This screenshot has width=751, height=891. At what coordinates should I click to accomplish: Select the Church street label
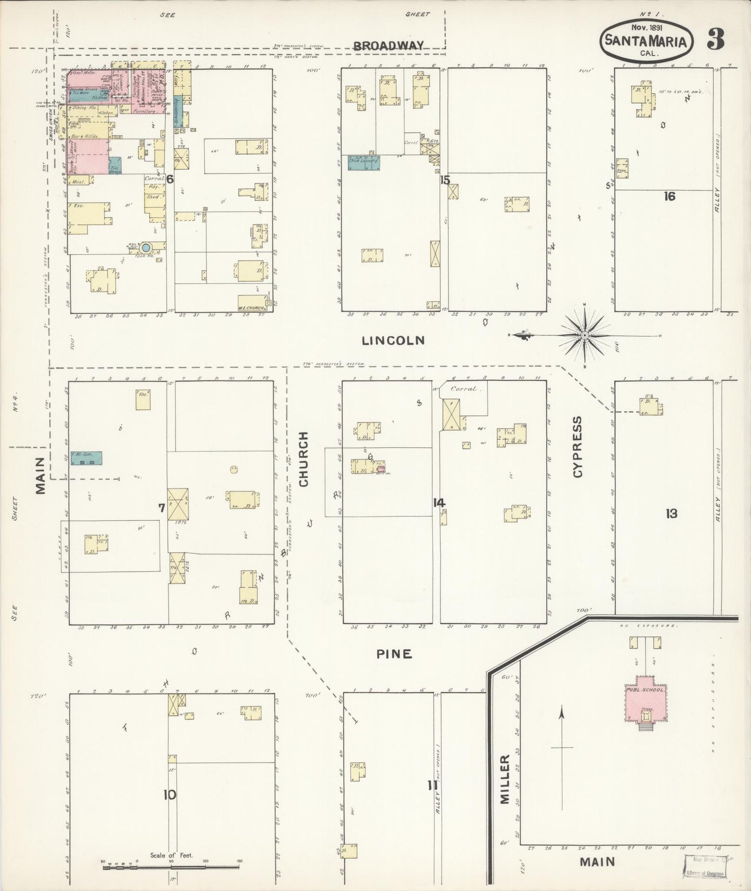(x=304, y=459)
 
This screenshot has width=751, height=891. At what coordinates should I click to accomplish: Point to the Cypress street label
(x=578, y=447)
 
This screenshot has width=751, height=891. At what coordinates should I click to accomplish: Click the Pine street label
(x=394, y=654)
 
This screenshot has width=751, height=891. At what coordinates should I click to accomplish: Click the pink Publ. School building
(x=645, y=699)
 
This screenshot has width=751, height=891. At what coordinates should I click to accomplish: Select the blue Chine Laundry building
(x=364, y=162)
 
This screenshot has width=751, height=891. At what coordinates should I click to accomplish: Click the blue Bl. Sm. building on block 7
(x=86, y=458)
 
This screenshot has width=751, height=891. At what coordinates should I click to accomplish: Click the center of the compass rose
(x=585, y=336)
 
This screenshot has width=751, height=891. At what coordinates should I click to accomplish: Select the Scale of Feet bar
(x=172, y=867)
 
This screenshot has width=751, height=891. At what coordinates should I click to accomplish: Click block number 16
(x=669, y=196)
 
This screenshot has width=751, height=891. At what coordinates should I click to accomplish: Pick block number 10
(x=169, y=795)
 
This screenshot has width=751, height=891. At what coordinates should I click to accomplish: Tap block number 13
(x=671, y=514)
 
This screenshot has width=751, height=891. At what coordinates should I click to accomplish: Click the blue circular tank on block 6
(x=146, y=248)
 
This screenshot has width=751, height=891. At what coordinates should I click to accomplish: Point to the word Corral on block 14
(x=463, y=388)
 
